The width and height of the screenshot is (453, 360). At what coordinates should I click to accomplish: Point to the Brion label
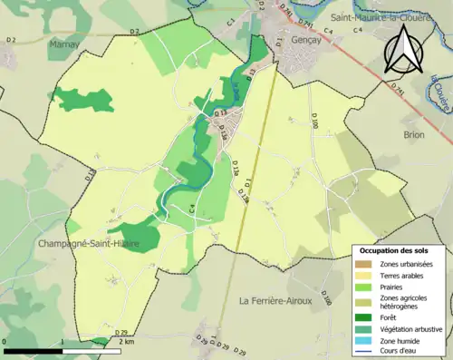click(414, 134)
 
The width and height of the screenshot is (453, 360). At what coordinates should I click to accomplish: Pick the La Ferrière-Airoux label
click(275, 299)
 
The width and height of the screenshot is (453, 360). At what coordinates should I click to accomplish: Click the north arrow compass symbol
click(404, 49)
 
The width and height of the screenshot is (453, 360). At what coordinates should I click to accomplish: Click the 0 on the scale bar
click(5, 342)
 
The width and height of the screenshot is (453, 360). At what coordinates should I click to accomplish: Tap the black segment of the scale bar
click(33, 349)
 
